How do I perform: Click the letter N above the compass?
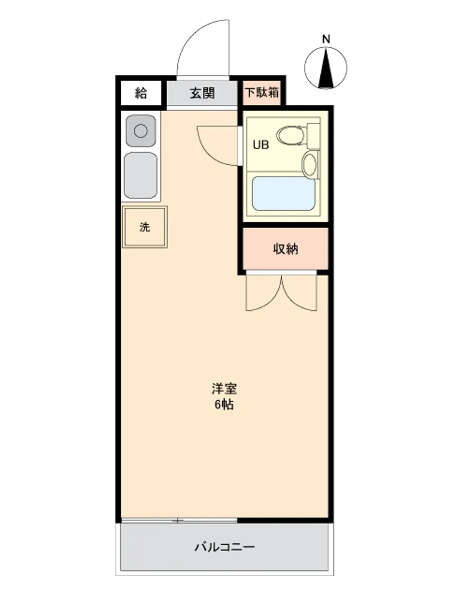(326, 39)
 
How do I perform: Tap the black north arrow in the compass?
(326, 68)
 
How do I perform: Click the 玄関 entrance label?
(202, 93)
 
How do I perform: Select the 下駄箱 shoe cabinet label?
(262, 92)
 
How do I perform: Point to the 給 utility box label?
(141, 93)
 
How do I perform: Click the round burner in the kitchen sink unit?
(141, 131)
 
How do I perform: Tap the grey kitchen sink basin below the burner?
(141, 176)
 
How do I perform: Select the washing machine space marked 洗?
(145, 227)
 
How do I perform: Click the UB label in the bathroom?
(261, 145)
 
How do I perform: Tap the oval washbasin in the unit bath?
(310, 164)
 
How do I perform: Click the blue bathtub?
(284, 193)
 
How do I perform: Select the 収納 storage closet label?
(285, 249)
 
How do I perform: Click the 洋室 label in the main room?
(224, 389)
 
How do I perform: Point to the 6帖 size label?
(224, 404)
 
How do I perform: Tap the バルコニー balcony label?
(224, 547)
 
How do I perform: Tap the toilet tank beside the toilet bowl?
(314, 135)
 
